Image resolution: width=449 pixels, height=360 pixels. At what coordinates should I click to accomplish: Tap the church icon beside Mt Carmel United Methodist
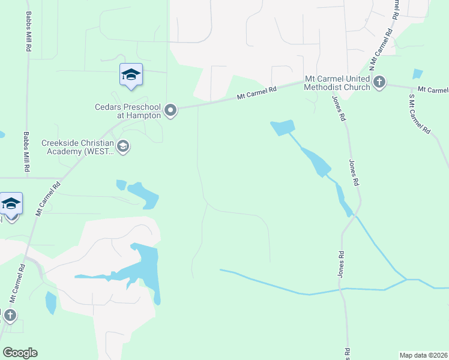(x=379, y=82)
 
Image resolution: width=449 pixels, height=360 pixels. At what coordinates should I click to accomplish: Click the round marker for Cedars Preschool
(x=171, y=110)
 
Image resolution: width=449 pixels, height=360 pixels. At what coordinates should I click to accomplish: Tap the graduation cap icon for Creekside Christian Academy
(x=123, y=147)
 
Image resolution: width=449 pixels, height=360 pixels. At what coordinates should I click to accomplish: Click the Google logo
(x=20, y=353)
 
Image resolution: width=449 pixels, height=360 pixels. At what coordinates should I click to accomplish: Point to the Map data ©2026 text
(x=423, y=355)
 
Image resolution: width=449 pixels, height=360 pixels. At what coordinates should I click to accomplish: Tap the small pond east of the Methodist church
(x=418, y=74)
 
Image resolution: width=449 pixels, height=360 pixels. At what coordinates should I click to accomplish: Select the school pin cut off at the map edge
(x=11, y=205)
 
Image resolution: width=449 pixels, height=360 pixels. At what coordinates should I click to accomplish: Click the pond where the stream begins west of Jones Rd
(x=283, y=127)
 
